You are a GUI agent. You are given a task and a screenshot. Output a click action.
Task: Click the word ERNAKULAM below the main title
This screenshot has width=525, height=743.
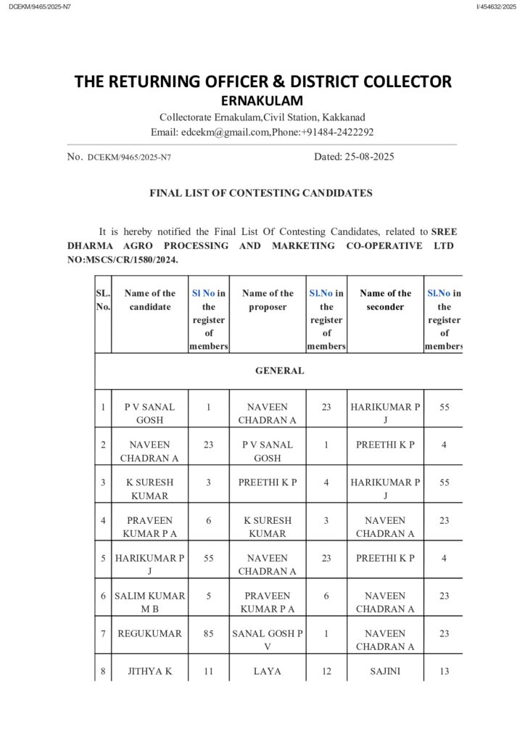(262, 101)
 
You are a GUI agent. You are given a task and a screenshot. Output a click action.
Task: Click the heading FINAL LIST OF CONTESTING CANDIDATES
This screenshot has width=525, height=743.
(261, 193)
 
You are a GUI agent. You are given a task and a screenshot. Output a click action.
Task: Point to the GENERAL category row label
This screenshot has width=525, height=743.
(279, 371)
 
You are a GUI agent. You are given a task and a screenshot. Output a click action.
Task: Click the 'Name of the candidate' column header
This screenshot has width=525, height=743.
(149, 300)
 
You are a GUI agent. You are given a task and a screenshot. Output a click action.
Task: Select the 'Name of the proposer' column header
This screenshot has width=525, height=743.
(268, 300)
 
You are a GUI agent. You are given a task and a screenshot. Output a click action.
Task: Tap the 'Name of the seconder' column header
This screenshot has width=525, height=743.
(385, 300)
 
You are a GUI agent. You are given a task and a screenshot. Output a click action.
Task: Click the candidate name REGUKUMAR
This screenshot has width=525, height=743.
(149, 633)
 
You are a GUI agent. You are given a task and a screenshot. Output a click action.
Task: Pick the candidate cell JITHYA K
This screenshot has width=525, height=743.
(149, 672)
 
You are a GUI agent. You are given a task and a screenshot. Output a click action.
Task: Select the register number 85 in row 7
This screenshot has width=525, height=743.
(208, 633)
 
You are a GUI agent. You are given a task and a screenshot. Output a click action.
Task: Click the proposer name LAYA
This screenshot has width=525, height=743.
(268, 672)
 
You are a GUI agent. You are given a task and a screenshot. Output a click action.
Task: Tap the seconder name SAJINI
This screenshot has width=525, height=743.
(385, 672)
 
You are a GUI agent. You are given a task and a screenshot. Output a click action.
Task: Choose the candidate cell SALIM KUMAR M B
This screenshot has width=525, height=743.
(149, 602)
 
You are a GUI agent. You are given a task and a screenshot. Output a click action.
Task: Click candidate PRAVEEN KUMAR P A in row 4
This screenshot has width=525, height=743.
(149, 527)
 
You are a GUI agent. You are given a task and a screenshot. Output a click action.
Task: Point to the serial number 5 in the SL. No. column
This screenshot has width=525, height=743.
(103, 559)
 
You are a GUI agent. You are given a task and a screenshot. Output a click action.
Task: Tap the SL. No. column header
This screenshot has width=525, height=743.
(103, 300)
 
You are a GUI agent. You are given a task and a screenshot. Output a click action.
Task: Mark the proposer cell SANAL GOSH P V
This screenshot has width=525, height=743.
(268, 640)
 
